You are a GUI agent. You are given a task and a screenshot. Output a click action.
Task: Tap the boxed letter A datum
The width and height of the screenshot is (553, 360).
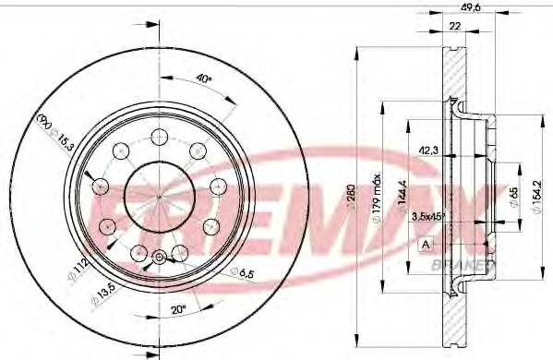[x=425, y=244]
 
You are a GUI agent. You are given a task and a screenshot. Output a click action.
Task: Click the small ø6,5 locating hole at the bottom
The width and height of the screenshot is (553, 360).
[x=159, y=258]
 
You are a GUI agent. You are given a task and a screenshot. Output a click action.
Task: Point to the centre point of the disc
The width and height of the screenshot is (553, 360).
[x=159, y=197]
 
